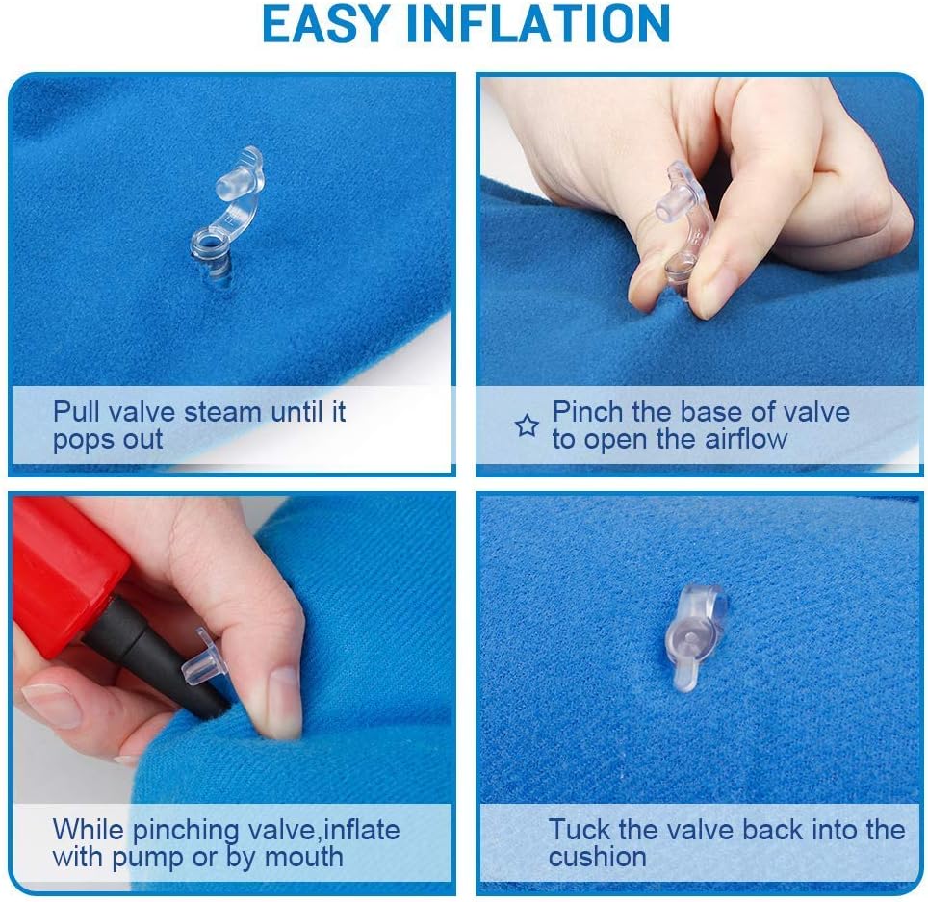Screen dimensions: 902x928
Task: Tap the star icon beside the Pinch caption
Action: [527, 426]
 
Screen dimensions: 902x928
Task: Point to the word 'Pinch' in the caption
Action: [588, 412]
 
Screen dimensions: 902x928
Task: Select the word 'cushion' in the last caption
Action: [597, 857]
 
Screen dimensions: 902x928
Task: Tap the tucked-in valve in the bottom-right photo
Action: [694, 635]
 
